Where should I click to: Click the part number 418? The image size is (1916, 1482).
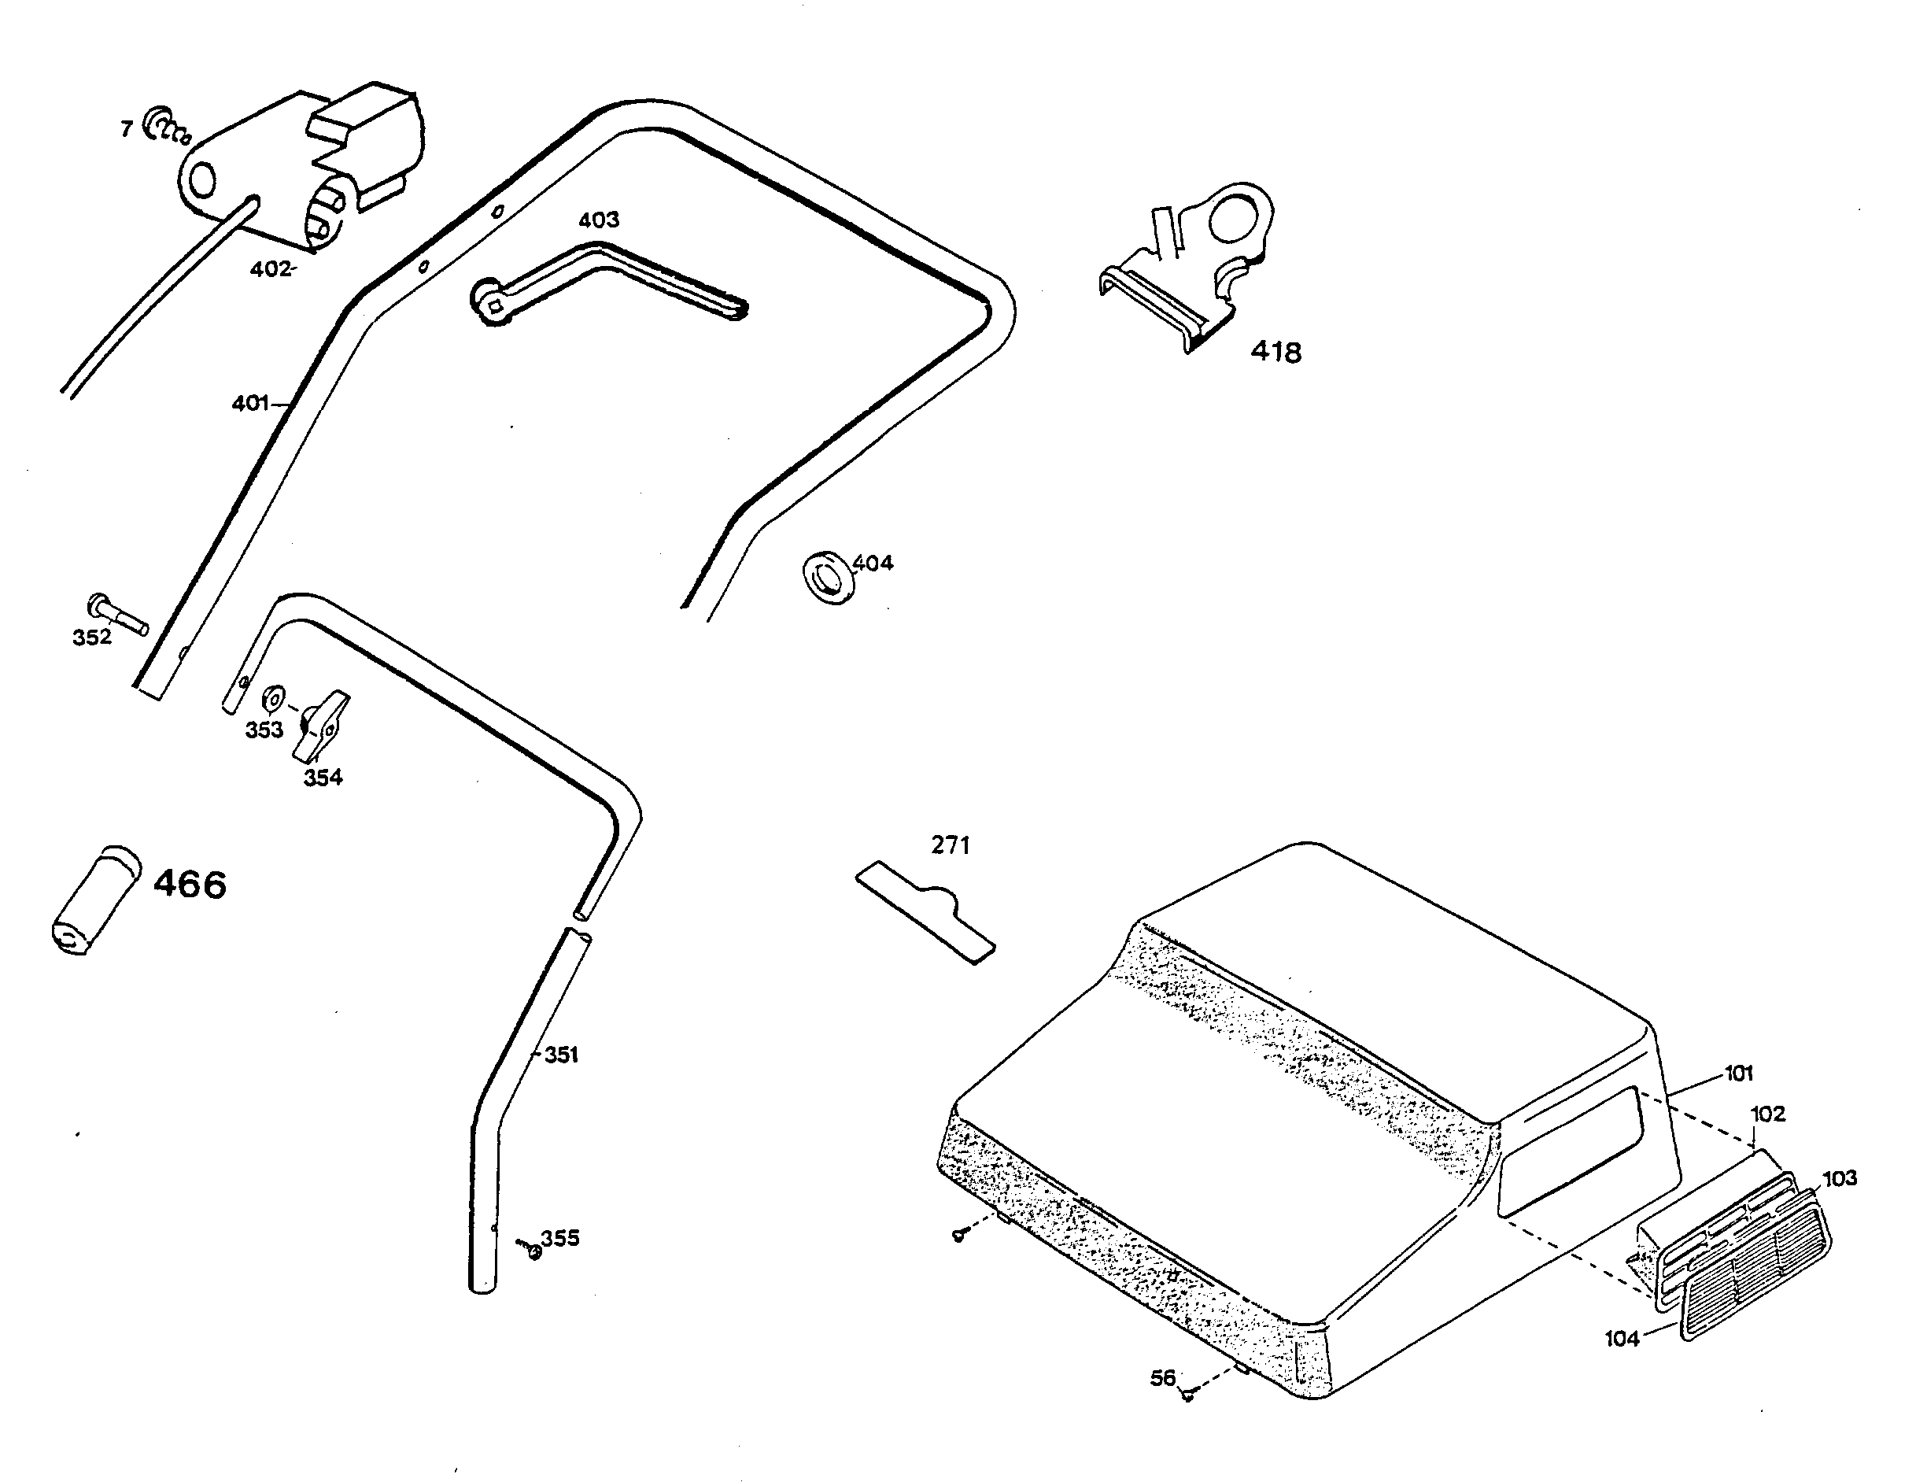point(1275,353)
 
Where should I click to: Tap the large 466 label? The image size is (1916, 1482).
point(190,885)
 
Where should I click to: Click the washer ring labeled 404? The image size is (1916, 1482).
point(827,578)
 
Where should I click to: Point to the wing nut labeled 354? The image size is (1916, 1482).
point(320,726)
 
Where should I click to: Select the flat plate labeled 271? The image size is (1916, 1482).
point(925,912)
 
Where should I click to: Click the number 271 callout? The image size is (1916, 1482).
point(950,845)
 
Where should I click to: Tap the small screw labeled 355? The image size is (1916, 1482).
point(531,1250)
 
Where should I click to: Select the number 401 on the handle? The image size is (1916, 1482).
point(250,404)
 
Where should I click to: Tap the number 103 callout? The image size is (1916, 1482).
point(1840,1178)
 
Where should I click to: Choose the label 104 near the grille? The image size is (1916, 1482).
point(1621,1339)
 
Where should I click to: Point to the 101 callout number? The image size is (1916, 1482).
point(1738,1073)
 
